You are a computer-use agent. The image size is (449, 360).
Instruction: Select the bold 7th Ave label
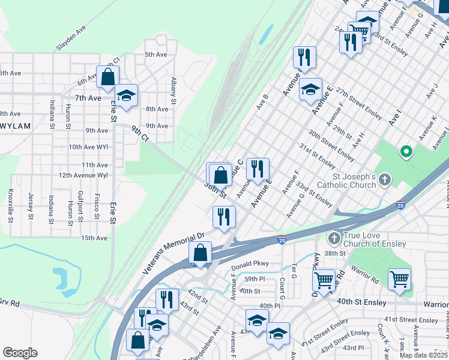[88, 98]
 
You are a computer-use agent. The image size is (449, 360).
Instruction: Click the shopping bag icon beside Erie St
[108, 77]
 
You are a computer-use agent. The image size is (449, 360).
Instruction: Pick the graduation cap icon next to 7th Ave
[127, 95]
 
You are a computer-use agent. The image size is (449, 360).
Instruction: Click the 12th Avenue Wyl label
[83, 175]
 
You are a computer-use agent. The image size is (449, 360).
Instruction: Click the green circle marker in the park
[405, 152]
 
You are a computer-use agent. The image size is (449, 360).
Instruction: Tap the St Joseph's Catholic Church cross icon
[384, 179]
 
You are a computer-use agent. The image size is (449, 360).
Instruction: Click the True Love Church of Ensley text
[375, 239]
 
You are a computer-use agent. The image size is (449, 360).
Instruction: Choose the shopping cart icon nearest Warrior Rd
[399, 279]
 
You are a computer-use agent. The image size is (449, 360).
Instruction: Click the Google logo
[20, 353]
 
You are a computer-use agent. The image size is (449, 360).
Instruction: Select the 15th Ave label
[94, 238]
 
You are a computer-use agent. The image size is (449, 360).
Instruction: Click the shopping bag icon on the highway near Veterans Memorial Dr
[200, 253]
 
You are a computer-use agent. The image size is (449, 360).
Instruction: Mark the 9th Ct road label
[140, 134]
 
